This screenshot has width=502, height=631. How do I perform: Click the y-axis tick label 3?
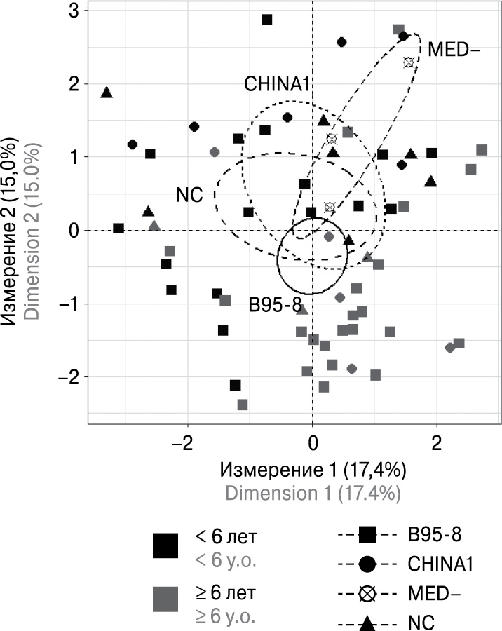coord(74,11)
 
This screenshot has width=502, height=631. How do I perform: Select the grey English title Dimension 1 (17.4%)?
coord(313,492)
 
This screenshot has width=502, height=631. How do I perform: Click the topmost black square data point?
coord(266,20)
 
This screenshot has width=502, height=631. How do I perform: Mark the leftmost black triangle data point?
coord(107,93)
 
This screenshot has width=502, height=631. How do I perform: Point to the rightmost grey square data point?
coord(482,150)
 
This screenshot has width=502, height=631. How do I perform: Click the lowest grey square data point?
coord(243,405)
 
